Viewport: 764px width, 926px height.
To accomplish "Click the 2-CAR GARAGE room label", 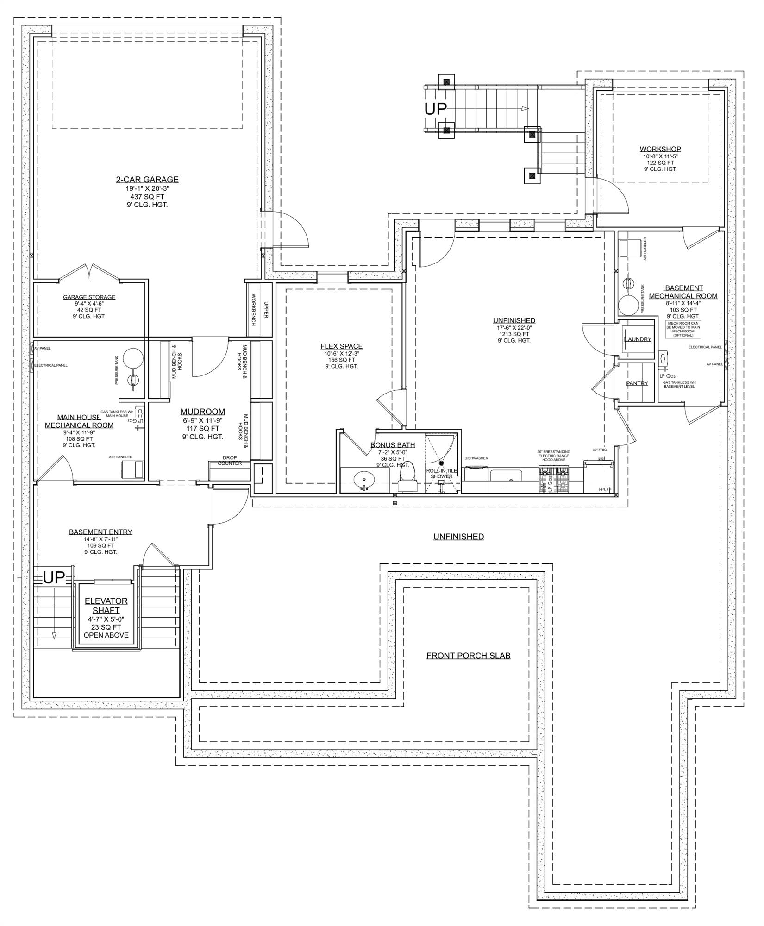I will (147, 180).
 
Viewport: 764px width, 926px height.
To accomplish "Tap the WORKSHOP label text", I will (660, 149).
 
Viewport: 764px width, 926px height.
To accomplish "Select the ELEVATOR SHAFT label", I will (106, 606).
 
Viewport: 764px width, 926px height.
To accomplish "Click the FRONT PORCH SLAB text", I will (468, 656).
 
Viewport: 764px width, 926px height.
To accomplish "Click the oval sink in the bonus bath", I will (364, 480).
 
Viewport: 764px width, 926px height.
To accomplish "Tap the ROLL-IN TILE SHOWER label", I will (442, 473).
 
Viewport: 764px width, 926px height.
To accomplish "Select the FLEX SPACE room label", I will (341, 346).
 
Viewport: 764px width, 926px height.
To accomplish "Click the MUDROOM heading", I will (203, 412).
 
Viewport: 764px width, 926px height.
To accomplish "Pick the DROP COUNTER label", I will (230, 460).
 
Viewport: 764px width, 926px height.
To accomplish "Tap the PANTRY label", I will (637, 383).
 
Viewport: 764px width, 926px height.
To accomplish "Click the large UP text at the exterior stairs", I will (436, 109).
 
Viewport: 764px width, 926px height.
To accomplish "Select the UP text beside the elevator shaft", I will (54, 577).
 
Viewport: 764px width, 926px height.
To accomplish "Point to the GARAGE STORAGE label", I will (89, 297).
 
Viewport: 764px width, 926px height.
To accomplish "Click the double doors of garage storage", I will (90, 272).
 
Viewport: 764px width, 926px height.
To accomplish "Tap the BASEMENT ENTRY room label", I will (100, 532).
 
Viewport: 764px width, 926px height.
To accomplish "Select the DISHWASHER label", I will (476, 458).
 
